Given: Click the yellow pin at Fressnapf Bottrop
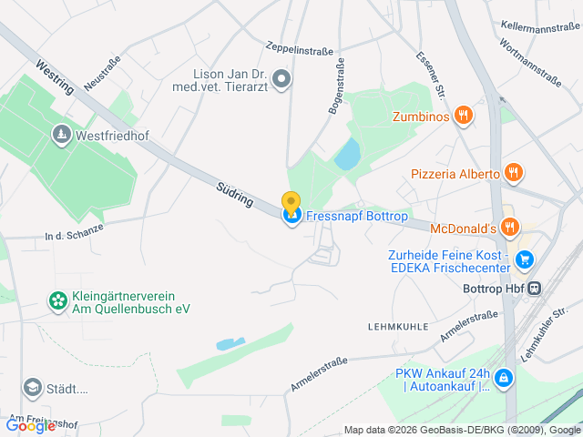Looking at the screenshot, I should tap(291, 204).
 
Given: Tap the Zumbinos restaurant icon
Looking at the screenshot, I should tap(465, 115).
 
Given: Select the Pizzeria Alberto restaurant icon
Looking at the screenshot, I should tap(514, 173).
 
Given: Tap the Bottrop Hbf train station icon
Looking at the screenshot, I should tap(534, 288).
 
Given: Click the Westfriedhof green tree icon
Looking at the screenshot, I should tap(61, 134).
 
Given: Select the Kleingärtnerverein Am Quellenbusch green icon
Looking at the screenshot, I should tap(58, 300).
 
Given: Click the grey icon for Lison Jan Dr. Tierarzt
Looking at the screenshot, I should tap(281, 79).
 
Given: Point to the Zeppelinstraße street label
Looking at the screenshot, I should tap(300, 47).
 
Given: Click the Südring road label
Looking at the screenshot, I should tap(235, 194).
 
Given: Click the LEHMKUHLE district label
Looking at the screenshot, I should tap(397, 325).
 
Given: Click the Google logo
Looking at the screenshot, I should tap(30, 425).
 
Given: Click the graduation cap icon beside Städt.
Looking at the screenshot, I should tap(33, 389).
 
